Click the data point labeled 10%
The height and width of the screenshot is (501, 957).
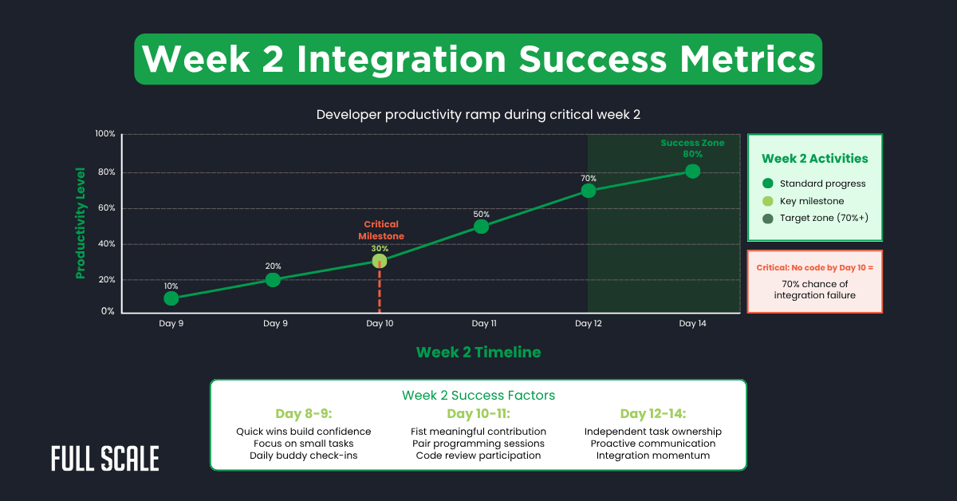coord(171,298)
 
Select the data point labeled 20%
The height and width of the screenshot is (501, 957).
coord(273,279)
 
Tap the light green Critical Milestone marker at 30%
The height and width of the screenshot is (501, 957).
coord(379,261)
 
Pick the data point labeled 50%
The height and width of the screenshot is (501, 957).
coord(481,226)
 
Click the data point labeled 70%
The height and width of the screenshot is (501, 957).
coord(589,191)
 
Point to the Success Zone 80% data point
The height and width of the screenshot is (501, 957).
coord(692,171)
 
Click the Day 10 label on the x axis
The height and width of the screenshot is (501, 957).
coord(379,324)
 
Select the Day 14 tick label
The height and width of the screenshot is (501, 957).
coord(692,324)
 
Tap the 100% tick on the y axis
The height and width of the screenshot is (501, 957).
coord(105,134)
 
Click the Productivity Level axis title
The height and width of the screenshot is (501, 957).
coord(81,223)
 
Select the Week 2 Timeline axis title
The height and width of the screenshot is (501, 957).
coord(478,352)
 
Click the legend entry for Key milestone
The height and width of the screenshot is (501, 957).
coord(812,201)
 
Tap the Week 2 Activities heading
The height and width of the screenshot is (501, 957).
coord(814,159)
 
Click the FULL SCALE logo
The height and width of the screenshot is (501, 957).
coord(104,459)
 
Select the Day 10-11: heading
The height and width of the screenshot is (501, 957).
coord(478,414)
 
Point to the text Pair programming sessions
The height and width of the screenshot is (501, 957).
coord(478,444)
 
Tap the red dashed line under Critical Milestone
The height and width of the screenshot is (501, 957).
coord(379,290)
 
